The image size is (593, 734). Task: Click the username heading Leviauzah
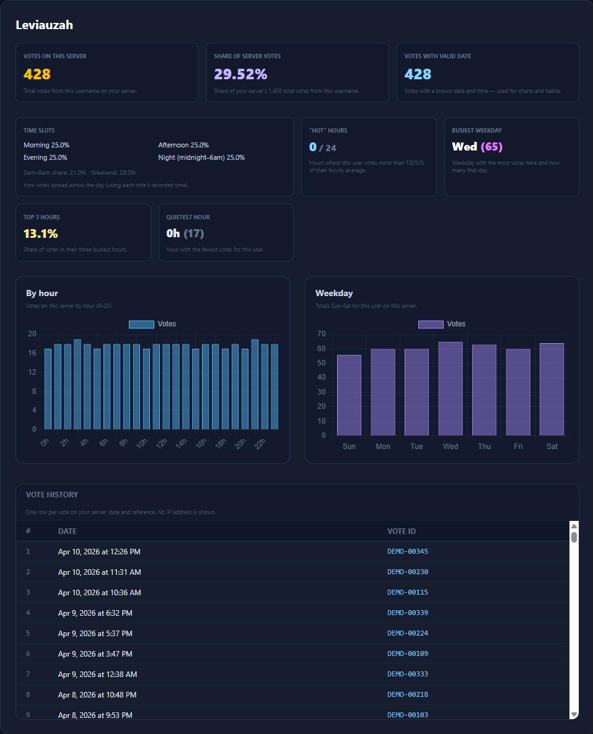(x=44, y=25)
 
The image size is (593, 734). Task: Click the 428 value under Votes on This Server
(x=37, y=74)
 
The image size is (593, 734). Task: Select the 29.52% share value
(x=240, y=74)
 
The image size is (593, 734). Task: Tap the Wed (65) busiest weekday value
(x=477, y=147)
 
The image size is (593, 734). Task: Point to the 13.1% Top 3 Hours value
(x=41, y=234)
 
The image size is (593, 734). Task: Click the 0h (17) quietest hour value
(x=185, y=234)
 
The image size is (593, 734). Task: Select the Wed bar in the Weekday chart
(x=450, y=388)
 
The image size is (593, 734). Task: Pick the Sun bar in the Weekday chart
(x=349, y=395)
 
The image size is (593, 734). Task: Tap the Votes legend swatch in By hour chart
(x=141, y=324)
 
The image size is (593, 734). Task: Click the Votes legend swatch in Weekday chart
(x=431, y=324)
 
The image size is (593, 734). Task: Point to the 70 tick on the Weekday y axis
(x=321, y=334)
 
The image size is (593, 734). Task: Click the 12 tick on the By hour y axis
(x=32, y=372)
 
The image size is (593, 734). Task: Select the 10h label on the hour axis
(x=142, y=443)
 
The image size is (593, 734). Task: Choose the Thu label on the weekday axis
(x=484, y=447)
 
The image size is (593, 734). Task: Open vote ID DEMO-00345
(x=408, y=551)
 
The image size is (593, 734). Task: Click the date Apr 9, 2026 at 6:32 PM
(x=95, y=613)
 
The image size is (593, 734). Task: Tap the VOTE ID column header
(x=401, y=531)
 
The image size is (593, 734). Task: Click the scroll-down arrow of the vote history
(x=574, y=714)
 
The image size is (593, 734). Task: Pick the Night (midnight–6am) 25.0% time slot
(x=201, y=157)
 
